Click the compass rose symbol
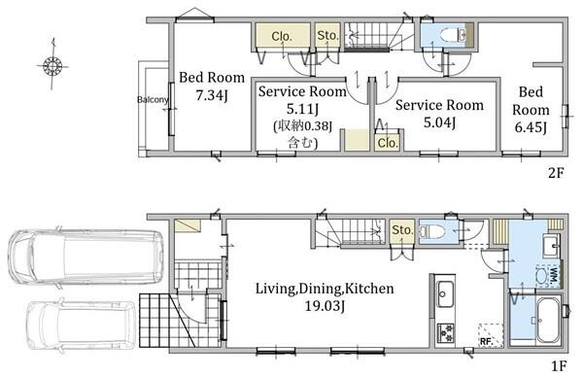point(52,65)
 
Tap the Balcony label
point(153,100)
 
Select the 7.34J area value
point(211,95)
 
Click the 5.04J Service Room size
point(439,122)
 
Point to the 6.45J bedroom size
point(531,127)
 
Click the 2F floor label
point(556,173)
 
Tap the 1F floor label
point(559,366)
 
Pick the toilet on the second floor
point(453,35)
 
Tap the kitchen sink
point(445,293)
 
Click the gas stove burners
point(445,333)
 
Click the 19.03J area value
point(325,306)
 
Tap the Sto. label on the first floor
point(402,230)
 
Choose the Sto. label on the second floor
point(327,35)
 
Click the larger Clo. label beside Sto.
point(282,36)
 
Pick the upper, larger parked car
point(86,257)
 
